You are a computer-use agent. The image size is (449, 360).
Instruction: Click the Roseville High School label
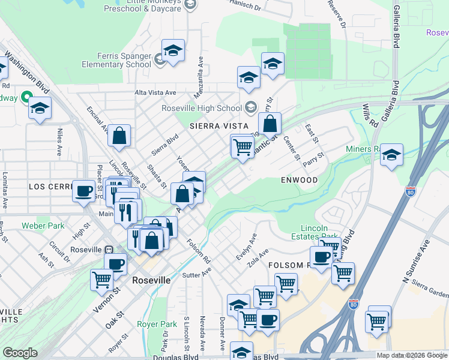201,108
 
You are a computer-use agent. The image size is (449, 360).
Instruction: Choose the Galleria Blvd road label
396,28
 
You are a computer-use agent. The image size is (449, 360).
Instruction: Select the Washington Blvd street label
27,71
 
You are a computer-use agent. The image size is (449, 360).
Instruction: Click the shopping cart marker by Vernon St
102,279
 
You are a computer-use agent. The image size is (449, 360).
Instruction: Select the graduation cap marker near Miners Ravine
391,155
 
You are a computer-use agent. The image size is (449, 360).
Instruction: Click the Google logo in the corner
20,353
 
